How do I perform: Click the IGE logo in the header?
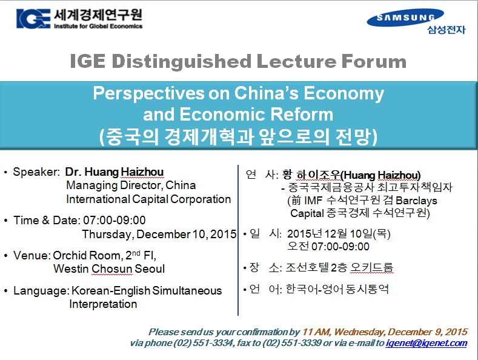point(33,19)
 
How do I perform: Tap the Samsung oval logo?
point(405,18)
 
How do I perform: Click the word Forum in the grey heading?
point(374,61)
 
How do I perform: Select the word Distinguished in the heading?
point(181,62)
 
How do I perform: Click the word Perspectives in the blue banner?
point(148,93)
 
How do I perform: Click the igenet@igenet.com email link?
point(426,343)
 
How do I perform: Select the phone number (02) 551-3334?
point(204,343)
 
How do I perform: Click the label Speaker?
point(36,172)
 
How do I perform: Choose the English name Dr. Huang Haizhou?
point(115,172)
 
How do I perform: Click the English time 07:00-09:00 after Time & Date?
point(115,220)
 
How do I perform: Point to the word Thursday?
point(108,235)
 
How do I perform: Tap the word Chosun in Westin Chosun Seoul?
point(112,268)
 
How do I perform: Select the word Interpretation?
point(103,304)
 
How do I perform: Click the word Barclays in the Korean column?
point(416,201)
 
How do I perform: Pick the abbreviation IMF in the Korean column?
point(313,201)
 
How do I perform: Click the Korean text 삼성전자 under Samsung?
point(446,30)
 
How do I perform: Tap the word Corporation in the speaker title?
point(201,199)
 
